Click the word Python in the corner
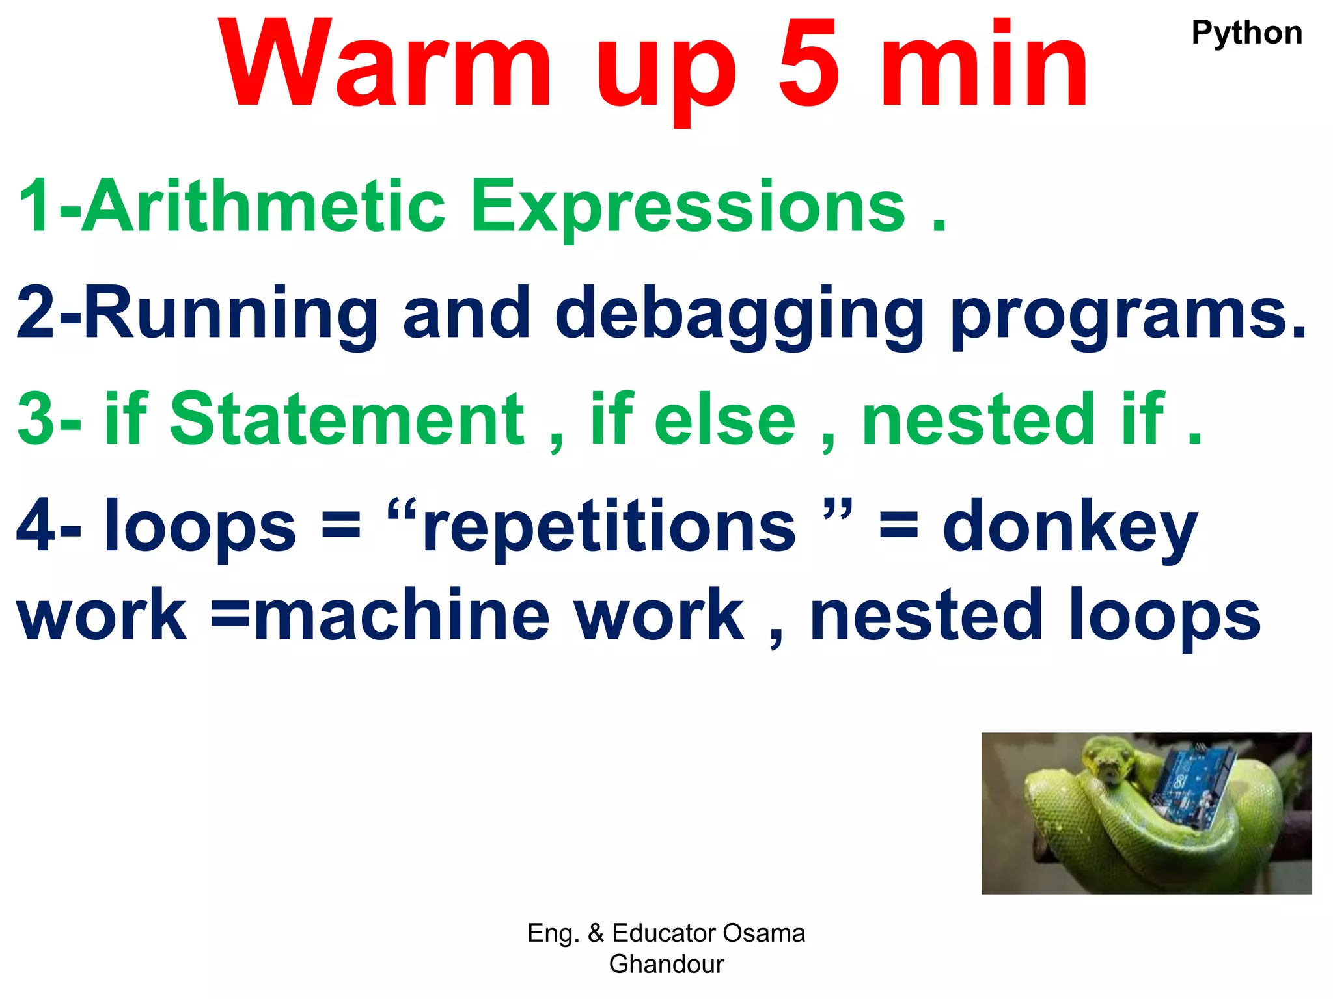pos(1246,33)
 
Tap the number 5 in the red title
pos(809,65)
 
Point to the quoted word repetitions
pos(609,527)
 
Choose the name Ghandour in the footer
pos(666,964)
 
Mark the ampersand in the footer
pos(596,933)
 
